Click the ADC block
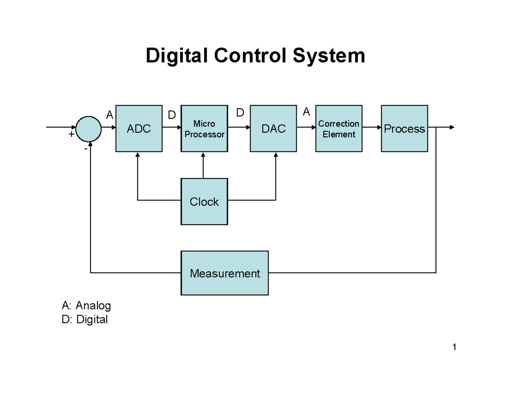point(139,128)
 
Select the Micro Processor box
point(204,128)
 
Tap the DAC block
point(273,128)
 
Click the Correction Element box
point(339,128)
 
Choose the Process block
point(404,128)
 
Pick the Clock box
point(204,202)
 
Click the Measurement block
point(224,273)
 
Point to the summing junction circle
point(88,127)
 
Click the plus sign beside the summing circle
point(72,134)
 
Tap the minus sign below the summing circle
point(86,149)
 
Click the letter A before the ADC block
point(109,114)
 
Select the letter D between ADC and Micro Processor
point(171,115)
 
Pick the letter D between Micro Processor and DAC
point(240,113)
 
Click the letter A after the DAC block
point(306,112)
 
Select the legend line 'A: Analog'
point(86,305)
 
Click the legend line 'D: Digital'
point(84,319)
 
